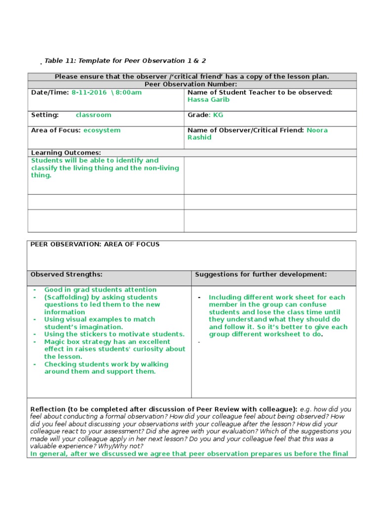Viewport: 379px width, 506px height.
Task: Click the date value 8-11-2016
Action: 89,92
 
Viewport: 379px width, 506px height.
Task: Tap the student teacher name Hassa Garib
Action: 208,99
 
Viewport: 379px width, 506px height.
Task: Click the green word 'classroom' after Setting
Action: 93,115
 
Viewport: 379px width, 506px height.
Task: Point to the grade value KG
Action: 218,115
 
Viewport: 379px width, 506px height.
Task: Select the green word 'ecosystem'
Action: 102,130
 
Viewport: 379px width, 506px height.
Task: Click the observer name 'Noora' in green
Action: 317,130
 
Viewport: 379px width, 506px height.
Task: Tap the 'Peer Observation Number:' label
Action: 191,84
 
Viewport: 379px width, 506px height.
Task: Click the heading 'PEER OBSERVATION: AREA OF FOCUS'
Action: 95,244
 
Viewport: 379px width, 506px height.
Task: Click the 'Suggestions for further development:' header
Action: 261,274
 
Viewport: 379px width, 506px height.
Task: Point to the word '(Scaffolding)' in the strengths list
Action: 66,297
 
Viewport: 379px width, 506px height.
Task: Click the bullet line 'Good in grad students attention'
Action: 100,290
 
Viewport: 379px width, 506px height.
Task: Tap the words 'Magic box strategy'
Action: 75,341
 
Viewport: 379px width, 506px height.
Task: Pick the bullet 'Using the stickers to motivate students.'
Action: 114,334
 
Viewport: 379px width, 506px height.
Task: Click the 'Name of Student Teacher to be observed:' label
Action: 260,92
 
